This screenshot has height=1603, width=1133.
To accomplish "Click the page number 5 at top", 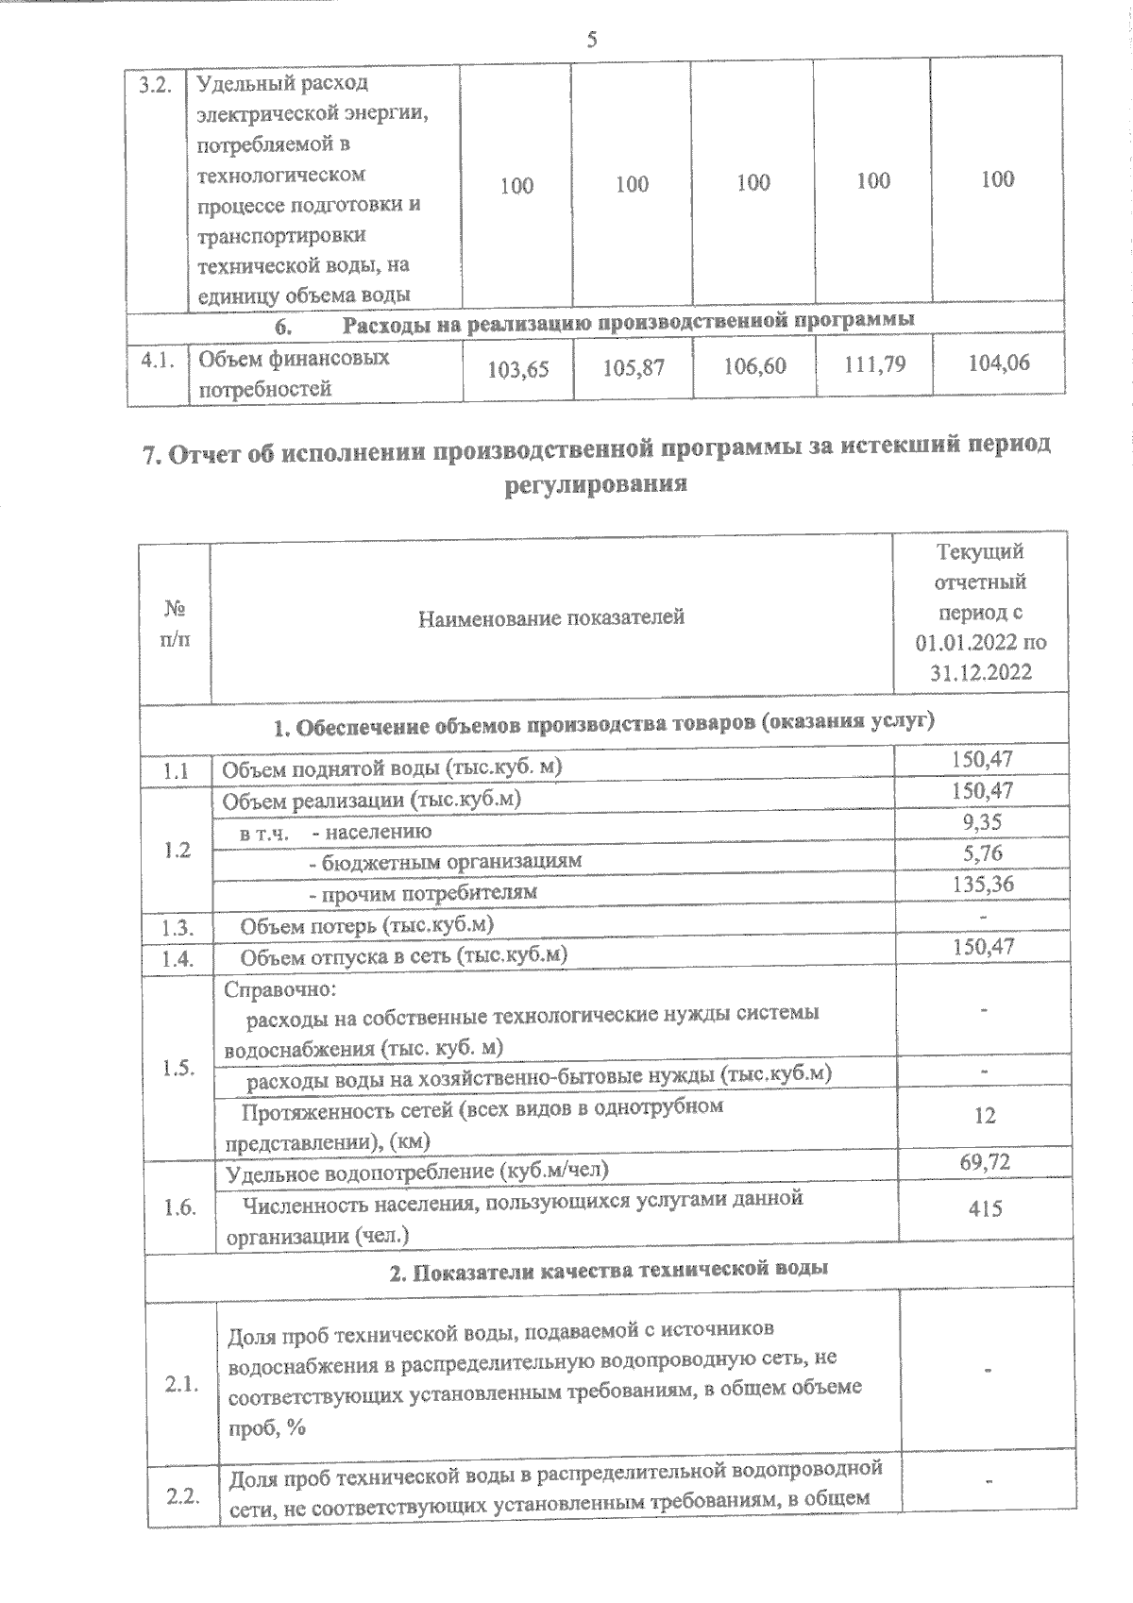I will click(592, 40).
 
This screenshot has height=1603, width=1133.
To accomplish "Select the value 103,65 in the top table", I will click(516, 369).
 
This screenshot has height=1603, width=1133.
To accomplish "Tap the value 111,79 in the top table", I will click(873, 363).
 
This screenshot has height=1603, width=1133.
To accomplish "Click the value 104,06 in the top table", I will click(999, 362).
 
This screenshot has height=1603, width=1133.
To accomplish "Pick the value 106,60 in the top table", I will click(753, 365).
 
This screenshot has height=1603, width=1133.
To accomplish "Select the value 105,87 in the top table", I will click(634, 367).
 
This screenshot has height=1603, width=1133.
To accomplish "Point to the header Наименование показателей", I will click(551, 618).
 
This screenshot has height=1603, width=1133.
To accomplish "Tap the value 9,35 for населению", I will click(983, 821).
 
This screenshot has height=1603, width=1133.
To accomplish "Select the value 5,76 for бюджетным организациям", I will click(984, 852).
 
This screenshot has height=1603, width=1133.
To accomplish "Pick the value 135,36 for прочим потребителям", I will click(983, 884).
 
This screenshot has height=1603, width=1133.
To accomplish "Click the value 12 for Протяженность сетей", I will click(984, 1116).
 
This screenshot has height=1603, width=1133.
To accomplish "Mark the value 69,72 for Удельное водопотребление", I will click(985, 1162).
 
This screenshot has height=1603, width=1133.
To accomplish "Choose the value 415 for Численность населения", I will click(985, 1208).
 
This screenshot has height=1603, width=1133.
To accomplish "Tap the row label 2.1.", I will click(181, 1385).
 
